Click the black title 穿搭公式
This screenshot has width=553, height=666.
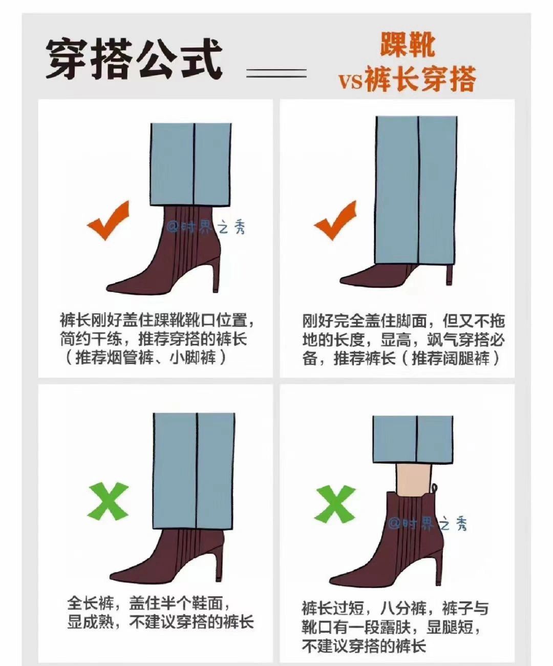point(134,59)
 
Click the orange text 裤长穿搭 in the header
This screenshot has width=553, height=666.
point(420,78)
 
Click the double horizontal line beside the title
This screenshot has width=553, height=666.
point(276,73)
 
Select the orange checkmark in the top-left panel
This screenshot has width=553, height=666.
point(108,220)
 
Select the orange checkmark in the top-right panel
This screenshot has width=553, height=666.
point(335,220)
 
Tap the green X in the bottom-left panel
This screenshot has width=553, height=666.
point(108,501)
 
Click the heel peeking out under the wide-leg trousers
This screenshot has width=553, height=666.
point(450,274)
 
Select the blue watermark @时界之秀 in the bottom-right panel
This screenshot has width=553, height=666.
point(428,523)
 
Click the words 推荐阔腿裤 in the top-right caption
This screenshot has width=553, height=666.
point(451,358)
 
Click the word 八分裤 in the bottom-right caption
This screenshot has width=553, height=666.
point(403,608)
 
